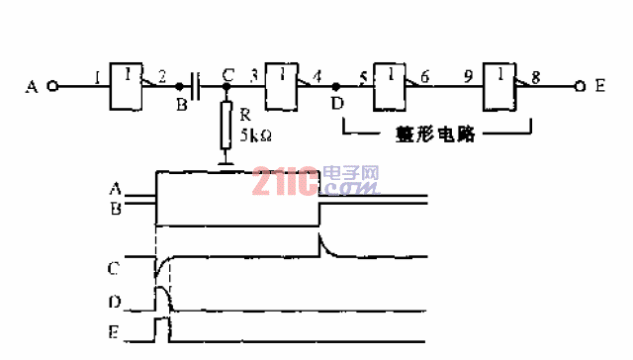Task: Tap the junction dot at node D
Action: click(335, 87)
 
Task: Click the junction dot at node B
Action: click(179, 87)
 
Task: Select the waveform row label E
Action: click(117, 332)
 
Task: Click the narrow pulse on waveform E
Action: click(162, 327)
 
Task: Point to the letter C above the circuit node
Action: click(228, 74)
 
